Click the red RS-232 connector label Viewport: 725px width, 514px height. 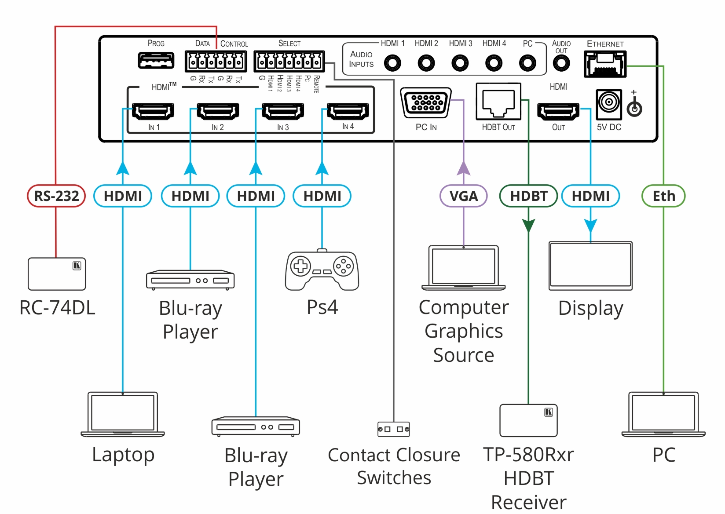click(56, 196)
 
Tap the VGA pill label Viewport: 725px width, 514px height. click(463, 196)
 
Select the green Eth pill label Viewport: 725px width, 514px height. click(663, 196)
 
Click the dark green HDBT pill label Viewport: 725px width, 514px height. click(528, 196)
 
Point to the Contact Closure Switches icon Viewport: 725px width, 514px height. click(394, 429)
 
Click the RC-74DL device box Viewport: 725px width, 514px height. click(57, 274)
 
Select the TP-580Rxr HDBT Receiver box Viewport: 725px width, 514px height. click(528, 420)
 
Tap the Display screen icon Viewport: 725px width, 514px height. click(590, 266)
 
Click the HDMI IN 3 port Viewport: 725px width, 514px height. click(282, 111)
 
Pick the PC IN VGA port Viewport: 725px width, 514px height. click(426, 103)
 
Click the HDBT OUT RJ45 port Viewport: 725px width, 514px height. click(498, 102)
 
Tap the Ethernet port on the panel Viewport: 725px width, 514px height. click(605, 65)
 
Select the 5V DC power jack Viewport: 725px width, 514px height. click(609, 104)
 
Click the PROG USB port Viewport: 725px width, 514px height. click(156, 60)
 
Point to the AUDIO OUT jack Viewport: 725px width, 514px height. click(561, 63)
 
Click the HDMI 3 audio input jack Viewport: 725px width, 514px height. click(460, 63)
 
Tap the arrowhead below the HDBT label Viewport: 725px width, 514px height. click(528, 226)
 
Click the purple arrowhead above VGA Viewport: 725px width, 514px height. click(463, 168)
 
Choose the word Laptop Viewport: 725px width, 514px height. click(123, 455)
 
